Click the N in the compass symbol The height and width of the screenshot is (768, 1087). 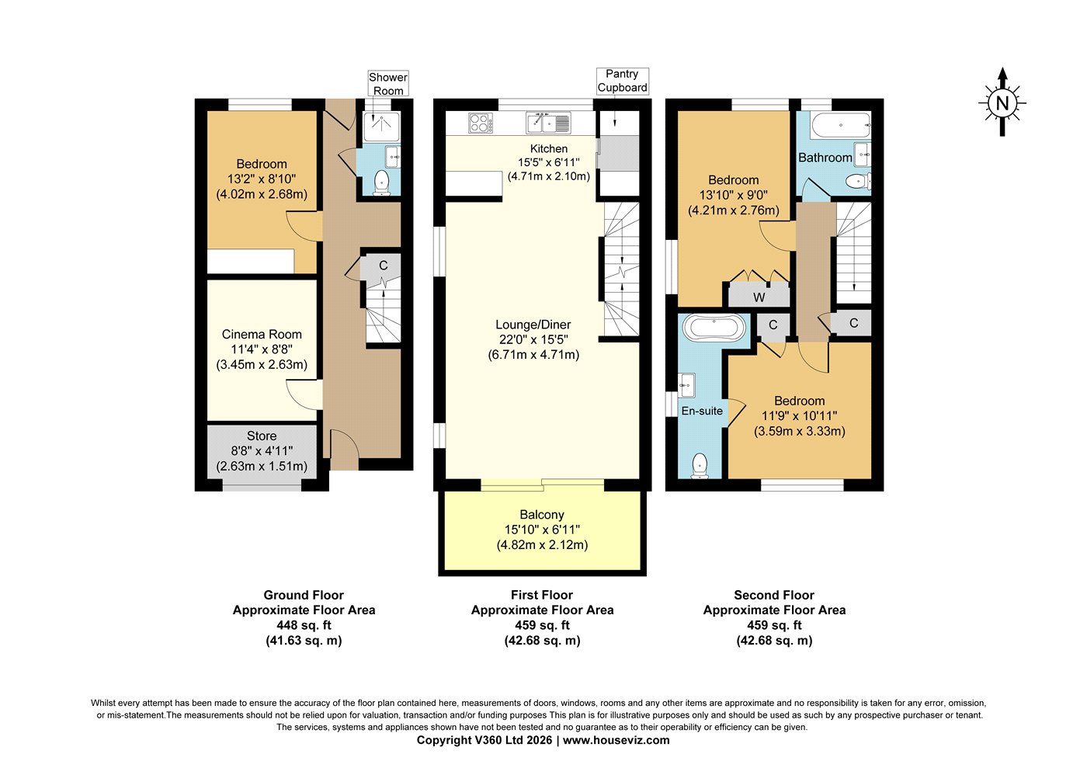[1002, 103]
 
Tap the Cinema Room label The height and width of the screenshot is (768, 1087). [262, 334]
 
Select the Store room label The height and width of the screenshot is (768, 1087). [262, 436]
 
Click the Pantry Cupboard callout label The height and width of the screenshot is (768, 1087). [622, 81]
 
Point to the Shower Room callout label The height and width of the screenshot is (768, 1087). [388, 84]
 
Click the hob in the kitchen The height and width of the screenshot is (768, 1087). [481, 123]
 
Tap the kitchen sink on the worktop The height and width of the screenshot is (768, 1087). [548, 123]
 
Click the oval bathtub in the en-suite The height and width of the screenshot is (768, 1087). [714, 328]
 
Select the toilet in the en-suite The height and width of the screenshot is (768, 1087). [700, 466]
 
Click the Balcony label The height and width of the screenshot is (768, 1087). [542, 515]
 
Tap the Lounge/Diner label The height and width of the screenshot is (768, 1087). [533, 325]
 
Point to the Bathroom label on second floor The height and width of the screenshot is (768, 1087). [825, 158]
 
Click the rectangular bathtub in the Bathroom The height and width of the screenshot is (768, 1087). [841, 125]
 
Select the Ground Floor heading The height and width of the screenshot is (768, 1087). [304, 595]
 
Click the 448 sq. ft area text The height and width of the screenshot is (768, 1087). [304, 625]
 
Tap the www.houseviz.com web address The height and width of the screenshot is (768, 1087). [616, 740]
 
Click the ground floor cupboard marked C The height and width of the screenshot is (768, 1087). [383, 266]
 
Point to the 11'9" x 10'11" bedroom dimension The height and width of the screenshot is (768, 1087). [799, 415]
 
